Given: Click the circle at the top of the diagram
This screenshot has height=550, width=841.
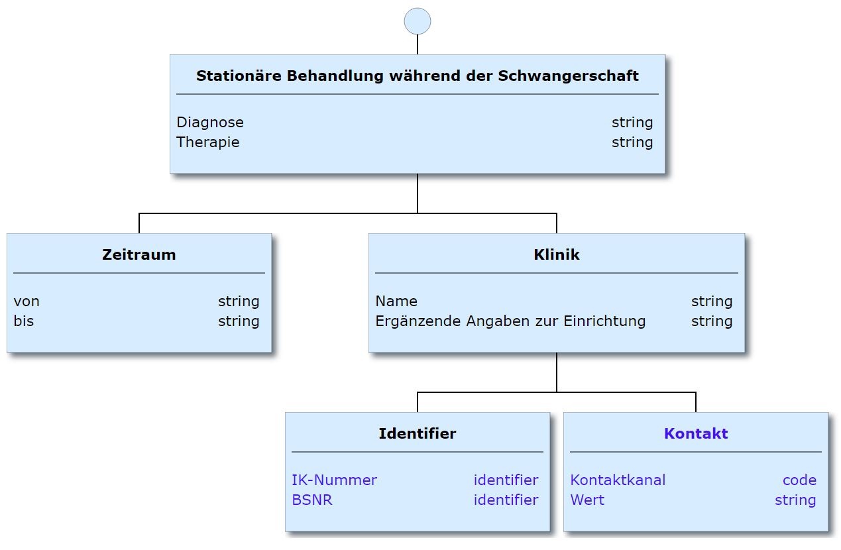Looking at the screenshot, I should click(418, 21).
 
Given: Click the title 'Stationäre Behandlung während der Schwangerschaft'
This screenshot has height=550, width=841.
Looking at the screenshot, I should click(418, 76).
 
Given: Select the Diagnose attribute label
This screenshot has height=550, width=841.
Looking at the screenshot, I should click(210, 123).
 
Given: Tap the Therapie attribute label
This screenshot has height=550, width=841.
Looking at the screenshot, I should click(208, 142).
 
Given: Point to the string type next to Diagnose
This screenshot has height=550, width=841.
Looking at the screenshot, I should click(632, 123).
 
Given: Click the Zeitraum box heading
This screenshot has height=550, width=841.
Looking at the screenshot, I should click(139, 254).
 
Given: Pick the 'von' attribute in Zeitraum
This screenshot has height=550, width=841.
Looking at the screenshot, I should click(27, 302).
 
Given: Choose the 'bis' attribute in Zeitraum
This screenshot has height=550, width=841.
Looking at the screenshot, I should click(24, 321).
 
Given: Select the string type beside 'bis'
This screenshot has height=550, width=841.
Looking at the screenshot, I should click(239, 321).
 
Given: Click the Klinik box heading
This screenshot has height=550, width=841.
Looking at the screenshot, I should click(557, 254).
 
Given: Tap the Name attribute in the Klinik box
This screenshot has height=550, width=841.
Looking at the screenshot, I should click(396, 302).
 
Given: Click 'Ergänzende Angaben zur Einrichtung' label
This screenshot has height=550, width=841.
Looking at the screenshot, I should click(510, 321).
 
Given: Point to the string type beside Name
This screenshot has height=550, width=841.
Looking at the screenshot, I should click(712, 302).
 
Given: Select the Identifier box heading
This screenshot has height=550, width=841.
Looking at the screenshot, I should click(418, 434).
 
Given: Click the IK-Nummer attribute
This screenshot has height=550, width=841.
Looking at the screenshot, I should click(335, 480).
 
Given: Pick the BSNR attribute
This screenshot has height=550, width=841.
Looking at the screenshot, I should click(312, 500).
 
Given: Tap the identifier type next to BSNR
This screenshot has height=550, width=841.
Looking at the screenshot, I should click(506, 500).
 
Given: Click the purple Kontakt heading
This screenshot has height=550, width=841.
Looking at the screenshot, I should click(696, 434).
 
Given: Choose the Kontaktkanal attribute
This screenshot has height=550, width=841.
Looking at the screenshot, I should click(618, 480).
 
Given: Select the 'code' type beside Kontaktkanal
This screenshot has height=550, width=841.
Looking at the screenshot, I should click(799, 480).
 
